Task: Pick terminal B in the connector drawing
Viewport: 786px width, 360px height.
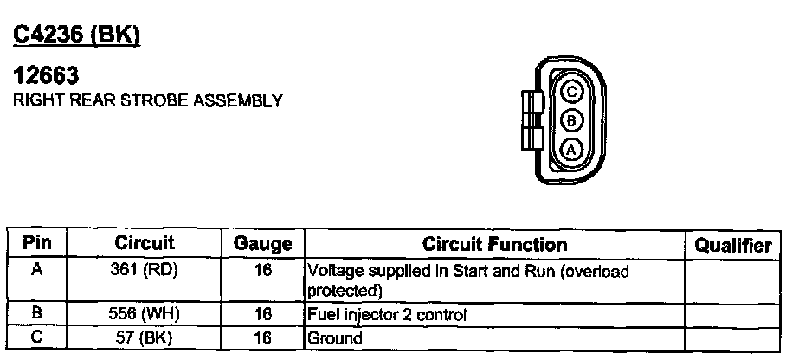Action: (570, 119)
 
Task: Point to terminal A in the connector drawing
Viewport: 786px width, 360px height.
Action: (570, 148)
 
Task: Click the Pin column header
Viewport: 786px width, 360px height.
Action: (37, 244)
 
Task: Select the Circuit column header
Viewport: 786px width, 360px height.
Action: (145, 244)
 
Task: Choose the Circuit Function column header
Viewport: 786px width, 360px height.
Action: (494, 245)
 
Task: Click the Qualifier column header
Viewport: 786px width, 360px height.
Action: (732, 246)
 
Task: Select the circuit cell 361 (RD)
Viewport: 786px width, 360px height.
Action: (145, 270)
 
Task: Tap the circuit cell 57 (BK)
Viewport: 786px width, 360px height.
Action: (145, 337)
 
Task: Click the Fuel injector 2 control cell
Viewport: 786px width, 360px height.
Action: (387, 316)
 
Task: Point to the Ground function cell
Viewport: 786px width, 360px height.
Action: (335, 338)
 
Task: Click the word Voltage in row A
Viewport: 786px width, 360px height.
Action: (335, 270)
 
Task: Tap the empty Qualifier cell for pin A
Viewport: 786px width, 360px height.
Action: (732, 280)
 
